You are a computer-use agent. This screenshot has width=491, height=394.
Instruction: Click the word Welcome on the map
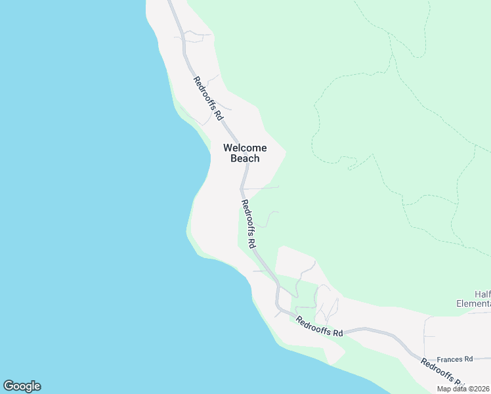pos(245,148)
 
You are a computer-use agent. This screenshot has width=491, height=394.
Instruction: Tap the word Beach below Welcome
pos(245,158)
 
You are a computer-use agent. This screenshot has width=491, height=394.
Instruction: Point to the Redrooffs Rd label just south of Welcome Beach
pos(248,223)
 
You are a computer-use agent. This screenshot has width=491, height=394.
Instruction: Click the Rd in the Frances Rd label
pos(469,359)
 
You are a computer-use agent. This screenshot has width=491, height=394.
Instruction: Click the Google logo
pos(22,386)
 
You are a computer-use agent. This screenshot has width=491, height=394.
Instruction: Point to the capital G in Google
pos(8,386)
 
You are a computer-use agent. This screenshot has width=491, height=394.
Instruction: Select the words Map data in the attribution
pos(453,389)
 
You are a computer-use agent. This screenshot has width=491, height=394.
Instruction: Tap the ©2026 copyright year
pos(479,389)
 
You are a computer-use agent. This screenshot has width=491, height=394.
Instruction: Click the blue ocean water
pos(85,197)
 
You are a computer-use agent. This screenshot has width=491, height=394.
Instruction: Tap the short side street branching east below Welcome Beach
pos(263,188)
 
